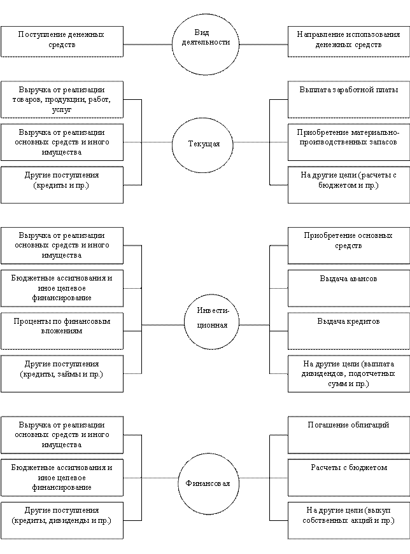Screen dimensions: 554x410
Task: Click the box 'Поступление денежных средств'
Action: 62,41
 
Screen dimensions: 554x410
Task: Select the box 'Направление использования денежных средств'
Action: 348,41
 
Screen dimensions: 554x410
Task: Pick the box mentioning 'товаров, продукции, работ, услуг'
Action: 62,100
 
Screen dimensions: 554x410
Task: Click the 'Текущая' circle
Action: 204,144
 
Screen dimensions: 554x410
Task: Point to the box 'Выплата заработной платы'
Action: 348,99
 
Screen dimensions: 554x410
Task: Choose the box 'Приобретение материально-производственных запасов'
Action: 348,142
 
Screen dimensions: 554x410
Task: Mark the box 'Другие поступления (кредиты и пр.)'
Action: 62,184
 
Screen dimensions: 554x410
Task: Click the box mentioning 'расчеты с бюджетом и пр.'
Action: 348,184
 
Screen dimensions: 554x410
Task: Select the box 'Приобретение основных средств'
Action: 348,245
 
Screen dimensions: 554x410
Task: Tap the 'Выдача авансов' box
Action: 348,287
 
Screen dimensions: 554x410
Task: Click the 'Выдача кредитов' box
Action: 348,330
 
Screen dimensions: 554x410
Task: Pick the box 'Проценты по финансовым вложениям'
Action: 62,330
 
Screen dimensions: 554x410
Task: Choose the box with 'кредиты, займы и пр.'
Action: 62,373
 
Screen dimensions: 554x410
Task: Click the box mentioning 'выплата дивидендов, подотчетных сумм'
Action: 348,373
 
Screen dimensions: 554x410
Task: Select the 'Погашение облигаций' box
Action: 348,434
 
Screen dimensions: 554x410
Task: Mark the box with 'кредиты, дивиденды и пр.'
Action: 62,520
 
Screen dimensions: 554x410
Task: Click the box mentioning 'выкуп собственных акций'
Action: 348,520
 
